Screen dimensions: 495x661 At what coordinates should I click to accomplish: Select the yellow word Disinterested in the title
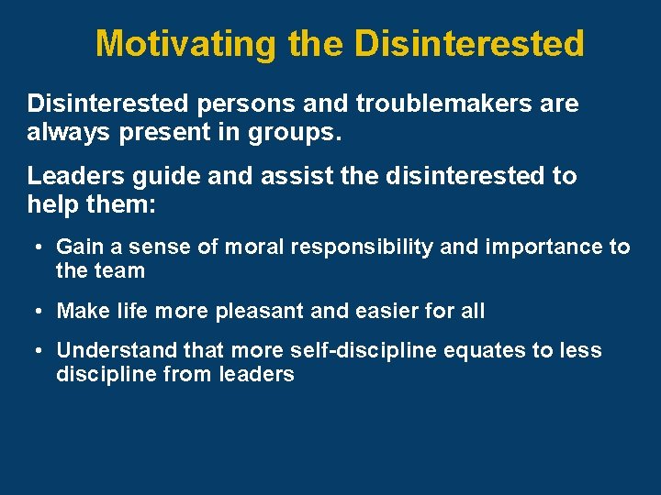tap(468, 43)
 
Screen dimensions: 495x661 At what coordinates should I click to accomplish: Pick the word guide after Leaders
tap(175, 175)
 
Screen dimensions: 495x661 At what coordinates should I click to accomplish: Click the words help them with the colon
tap(92, 205)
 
